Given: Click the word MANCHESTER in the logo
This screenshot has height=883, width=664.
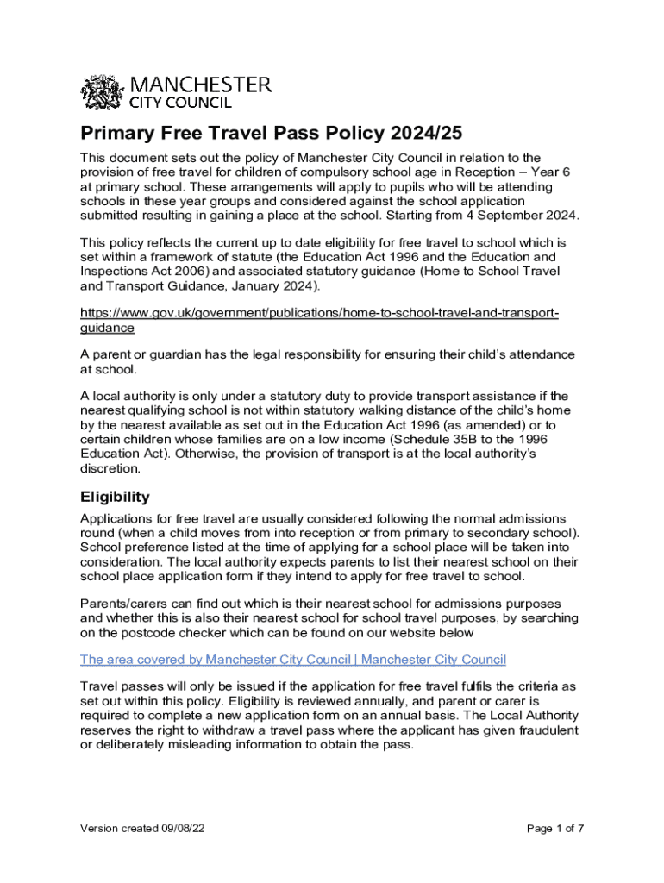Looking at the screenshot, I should (200, 85).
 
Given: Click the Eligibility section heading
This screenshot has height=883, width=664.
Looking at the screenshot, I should (115, 497).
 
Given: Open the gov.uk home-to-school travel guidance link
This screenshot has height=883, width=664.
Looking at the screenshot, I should (319, 313).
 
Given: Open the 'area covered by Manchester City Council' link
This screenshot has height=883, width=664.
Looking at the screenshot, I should (292, 660).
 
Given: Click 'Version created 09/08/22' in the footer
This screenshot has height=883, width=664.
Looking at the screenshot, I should (142, 829).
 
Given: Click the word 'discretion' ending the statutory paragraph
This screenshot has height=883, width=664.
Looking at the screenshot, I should (109, 469).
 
